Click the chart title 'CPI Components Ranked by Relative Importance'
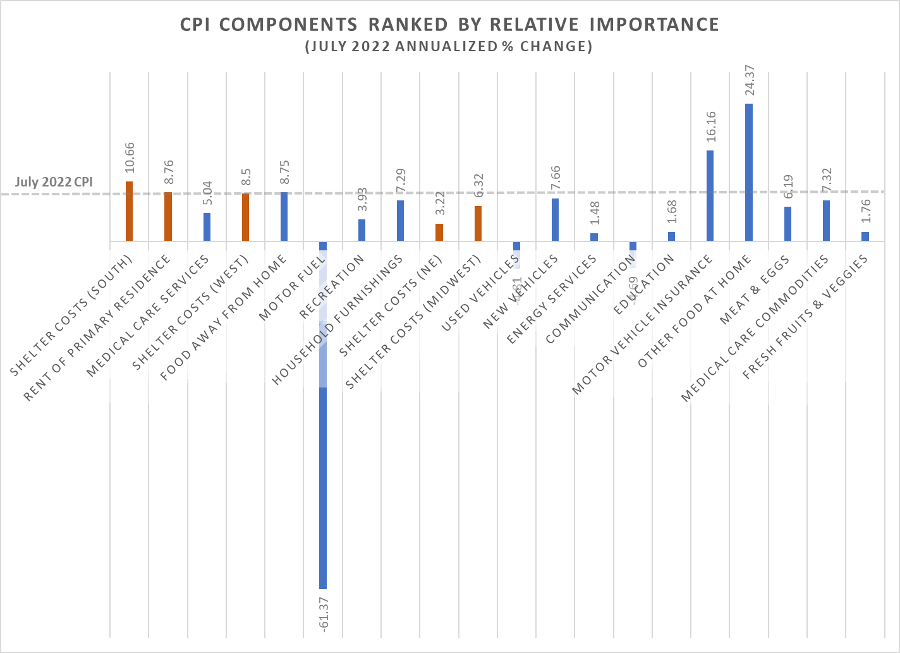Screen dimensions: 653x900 [449, 25]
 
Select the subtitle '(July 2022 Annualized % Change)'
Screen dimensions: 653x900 [449, 47]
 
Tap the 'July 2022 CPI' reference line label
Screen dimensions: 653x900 [54, 182]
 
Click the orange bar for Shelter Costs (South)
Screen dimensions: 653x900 [129, 211]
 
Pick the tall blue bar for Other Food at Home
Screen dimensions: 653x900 [749, 172]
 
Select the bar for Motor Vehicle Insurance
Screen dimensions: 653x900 [710, 195]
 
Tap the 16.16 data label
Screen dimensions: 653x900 [710, 126]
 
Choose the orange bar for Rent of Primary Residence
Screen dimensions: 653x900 [168, 216]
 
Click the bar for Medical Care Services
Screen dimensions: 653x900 [207, 227]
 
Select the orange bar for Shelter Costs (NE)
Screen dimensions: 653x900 [439, 232]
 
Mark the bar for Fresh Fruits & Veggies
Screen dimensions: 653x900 [865, 236]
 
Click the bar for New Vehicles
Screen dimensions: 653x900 [555, 219]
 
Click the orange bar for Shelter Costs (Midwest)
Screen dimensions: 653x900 [478, 223]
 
